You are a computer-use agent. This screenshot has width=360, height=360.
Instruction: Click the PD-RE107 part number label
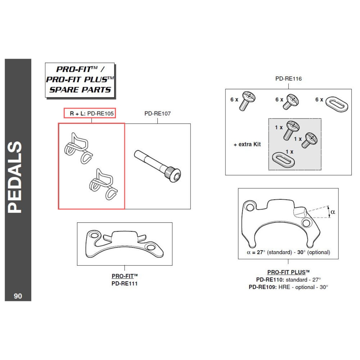pyautogui.click(x=157, y=113)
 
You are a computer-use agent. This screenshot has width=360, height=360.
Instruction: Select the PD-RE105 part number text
pyautogui.click(x=100, y=113)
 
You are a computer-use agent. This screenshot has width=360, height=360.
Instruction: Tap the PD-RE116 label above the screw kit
pyautogui.click(x=288, y=78)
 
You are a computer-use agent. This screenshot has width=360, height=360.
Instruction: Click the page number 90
pyautogui.click(x=18, y=296)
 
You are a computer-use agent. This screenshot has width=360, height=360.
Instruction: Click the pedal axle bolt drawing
pyautogui.click(x=158, y=166)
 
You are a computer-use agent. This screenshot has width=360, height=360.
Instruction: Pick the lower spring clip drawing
pyautogui.click(x=103, y=184)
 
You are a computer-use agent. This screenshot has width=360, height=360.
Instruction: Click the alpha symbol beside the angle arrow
pyautogui.click(x=333, y=212)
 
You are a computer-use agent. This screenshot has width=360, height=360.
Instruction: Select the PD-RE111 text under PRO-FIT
pyautogui.click(x=125, y=283)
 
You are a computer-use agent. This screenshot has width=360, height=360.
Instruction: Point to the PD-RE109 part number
pyautogui.click(x=263, y=287)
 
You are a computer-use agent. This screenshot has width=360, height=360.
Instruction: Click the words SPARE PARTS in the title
pyautogui.click(x=80, y=89)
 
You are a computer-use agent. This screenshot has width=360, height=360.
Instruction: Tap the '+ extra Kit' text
pyautogui.click(x=247, y=144)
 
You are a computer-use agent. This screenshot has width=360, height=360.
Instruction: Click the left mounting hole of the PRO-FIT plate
pyautogui.click(x=94, y=236)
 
